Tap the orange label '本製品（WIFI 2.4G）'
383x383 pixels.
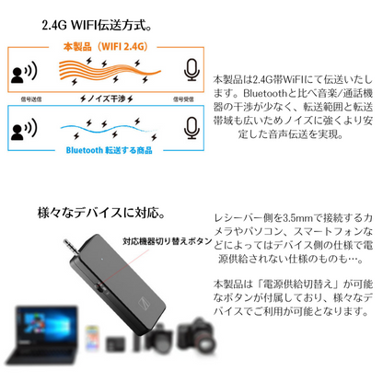point(104,46)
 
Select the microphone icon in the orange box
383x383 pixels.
point(191,71)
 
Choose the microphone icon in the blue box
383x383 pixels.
point(191,127)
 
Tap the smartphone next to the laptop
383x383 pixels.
point(92,335)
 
